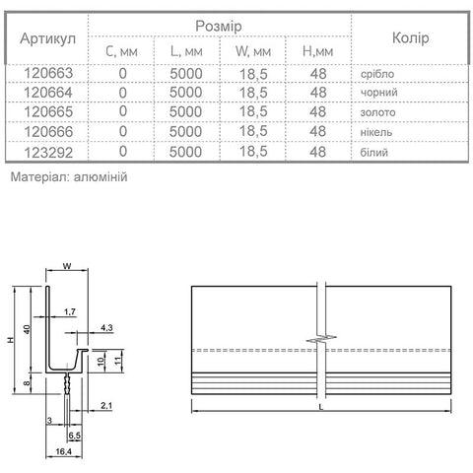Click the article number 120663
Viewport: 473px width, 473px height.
[x=48, y=73]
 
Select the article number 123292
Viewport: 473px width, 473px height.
[x=48, y=153]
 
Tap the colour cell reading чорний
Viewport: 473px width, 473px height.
[x=378, y=93]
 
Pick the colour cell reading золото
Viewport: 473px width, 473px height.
[x=377, y=112]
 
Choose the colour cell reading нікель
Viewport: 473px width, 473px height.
[x=376, y=132]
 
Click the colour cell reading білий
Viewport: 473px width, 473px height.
[x=374, y=152]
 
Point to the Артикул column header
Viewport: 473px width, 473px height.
[x=48, y=38]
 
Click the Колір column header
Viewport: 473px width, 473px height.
[x=411, y=38]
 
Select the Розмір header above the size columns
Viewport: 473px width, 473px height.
[x=219, y=27]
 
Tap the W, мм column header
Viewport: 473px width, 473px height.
[x=253, y=51]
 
